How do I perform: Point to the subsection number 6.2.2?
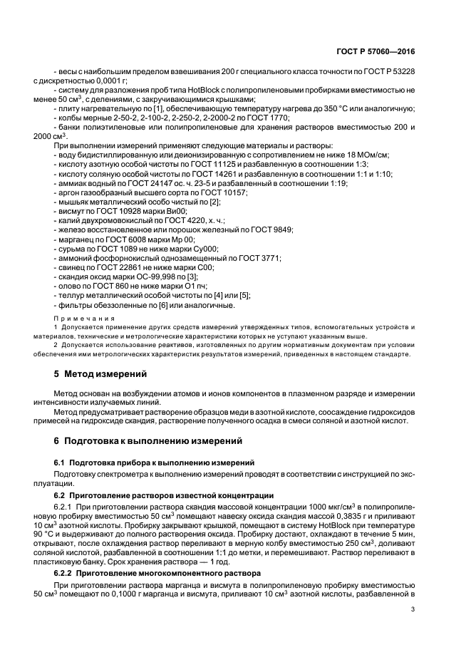pyautogui.click(x=67, y=574)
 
